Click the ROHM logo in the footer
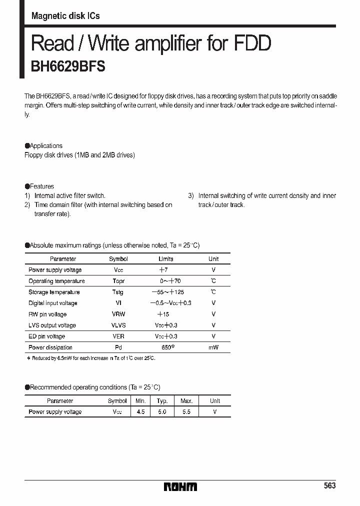pyautogui.click(x=180, y=486)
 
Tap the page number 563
pyautogui.click(x=329, y=486)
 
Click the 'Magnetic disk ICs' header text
pyautogui.click(x=65, y=16)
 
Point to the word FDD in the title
pyautogui.click(x=252, y=44)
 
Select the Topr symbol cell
pyautogui.click(x=118, y=281)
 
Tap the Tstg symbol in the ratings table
pyautogui.click(x=118, y=292)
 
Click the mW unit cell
pyautogui.click(x=213, y=347)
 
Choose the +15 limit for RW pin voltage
pyautogui.click(x=163, y=314)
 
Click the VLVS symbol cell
pyautogui.click(x=118, y=325)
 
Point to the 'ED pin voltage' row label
pyautogui.click(x=47, y=336)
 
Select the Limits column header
pyautogui.click(x=166, y=259)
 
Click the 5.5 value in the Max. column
pyautogui.click(x=186, y=412)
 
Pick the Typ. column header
pyautogui.click(x=162, y=401)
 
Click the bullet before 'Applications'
pyautogui.click(x=27, y=146)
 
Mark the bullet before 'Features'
pyautogui.click(x=27, y=186)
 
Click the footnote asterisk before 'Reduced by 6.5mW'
pyautogui.click(x=28, y=358)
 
